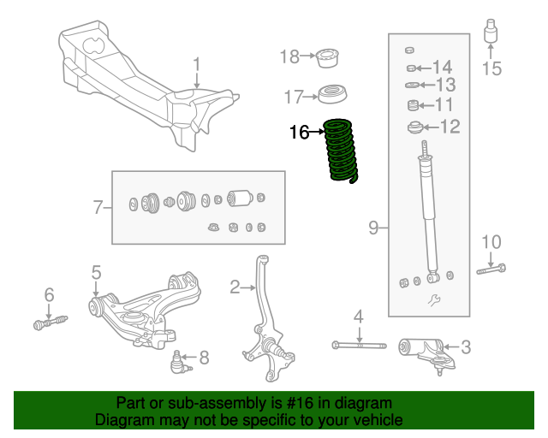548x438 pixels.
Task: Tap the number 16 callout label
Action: pos(299,132)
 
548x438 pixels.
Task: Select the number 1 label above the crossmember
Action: pos(196,64)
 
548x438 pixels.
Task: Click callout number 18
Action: pos(289,56)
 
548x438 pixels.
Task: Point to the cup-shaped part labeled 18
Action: pos(327,58)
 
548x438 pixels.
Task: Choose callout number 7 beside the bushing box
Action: pos(98,206)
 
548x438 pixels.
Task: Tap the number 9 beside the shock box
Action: pos(373,227)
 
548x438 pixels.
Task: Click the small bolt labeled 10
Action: pos(490,270)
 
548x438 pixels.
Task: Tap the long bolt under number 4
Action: pos(360,346)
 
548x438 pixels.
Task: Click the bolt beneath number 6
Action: pos(49,323)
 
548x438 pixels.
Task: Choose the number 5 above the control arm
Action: pos(96,272)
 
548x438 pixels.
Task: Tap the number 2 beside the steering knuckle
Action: pos(235,287)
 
